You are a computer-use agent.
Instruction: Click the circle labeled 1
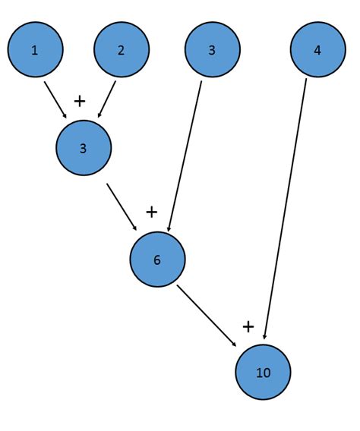[35, 50]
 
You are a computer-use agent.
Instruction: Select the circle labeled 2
[122, 50]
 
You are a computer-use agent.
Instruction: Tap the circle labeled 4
[317, 50]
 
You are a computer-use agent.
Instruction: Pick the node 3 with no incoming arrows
[213, 50]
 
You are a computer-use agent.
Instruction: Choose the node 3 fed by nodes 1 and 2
[84, 148]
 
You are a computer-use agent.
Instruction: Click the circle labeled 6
[157, 260]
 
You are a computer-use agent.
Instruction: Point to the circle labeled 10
[263, 372]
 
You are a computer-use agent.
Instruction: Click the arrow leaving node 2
[106, 99]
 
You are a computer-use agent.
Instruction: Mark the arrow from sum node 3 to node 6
[122, 206]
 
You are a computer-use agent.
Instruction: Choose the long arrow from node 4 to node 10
[285, 209]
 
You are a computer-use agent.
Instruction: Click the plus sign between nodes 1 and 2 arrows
[80, 101]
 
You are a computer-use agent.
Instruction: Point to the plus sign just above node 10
[248, 326]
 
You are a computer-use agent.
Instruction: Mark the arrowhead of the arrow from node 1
[73, 115]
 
